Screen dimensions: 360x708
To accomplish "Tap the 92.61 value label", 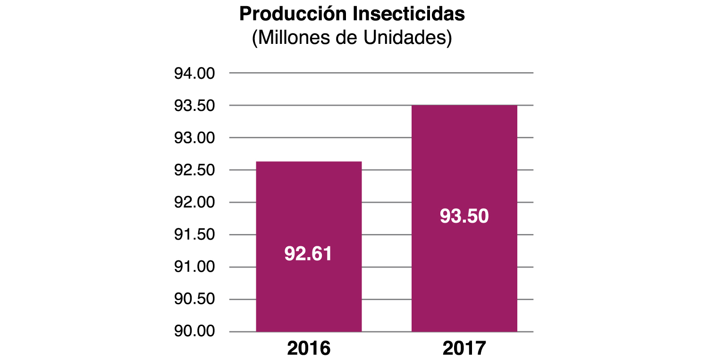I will point(308,254).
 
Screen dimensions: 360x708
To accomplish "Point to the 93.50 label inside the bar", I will point(464,217).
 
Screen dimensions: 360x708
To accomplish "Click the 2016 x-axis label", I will point(309,349).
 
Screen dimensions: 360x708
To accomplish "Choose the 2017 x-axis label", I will point(464,349).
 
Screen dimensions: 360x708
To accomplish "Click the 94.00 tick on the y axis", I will point(194,74).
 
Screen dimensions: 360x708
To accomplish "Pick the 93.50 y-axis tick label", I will point(194,106).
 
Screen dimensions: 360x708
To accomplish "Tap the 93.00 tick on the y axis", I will point(194,138).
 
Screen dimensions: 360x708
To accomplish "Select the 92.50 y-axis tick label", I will point(194,170).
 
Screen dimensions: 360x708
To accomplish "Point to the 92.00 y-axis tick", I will point(194,203).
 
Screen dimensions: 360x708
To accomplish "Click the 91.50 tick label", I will point(194,235).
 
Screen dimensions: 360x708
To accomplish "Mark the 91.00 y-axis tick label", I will point(194,268).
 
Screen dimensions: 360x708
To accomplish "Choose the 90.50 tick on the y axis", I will point(194,300).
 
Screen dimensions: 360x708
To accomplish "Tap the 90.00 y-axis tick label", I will point(194,332).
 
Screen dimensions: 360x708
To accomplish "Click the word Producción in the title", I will point(293,15).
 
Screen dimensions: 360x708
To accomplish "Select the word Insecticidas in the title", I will point(409,15).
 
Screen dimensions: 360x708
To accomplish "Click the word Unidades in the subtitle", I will point(408,38).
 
